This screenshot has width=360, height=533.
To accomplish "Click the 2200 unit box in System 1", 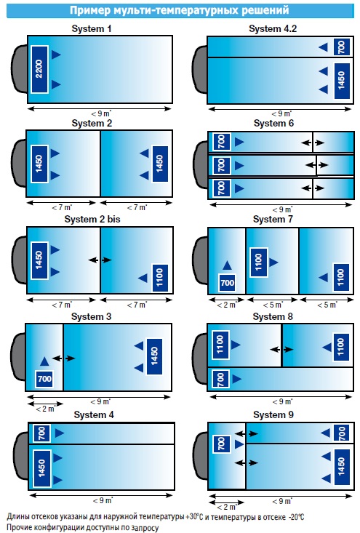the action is [x=39, y=69].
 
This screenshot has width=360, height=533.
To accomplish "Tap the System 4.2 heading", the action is [x=273, y=29].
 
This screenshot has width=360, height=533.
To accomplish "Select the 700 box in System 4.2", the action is [x=342, y=47].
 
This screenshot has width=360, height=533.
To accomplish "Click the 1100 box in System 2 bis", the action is [x=160, y=278].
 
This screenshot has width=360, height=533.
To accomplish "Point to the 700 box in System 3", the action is [x=44, y=379].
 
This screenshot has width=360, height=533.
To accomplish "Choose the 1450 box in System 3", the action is [x=154, y=356].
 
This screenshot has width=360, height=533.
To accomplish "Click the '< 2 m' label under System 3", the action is [x=46, y=409].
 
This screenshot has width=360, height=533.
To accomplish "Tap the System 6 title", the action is [x=273, y=124].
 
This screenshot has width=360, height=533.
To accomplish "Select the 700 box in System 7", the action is [x=227, y=282].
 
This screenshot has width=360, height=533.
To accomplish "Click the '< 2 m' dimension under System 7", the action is [x=226, y=305].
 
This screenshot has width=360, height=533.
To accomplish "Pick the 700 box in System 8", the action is [x=220, y=380].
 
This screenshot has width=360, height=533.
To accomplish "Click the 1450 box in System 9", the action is [x=342, y=466].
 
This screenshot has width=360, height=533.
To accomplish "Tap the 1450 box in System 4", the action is [x=41, y=468].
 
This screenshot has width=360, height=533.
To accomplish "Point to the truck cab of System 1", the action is [x=20, y=69].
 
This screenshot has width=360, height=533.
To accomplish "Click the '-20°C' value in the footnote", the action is [x=296, y=517].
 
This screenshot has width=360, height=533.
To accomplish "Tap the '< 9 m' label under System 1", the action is [x=101, y=113].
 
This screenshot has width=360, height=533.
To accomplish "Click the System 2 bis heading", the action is [x=92, y=220].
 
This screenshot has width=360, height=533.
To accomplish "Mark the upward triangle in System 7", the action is [x=227, y=265].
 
